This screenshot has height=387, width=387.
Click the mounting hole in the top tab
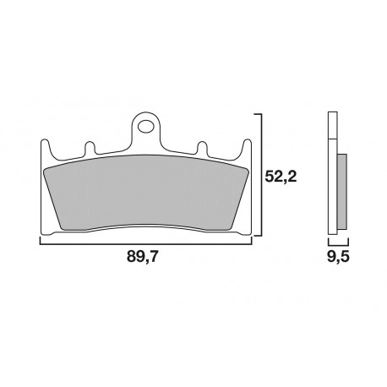point(147,129)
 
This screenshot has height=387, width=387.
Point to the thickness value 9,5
point(337,257)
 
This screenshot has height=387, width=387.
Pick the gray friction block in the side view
point(341,191)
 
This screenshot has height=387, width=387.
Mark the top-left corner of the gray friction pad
point(48,166)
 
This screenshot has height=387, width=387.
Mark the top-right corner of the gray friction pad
point(246,166)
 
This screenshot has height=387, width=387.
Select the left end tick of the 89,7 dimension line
point(41,241)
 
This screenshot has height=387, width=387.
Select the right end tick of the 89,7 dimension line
point(253,241)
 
